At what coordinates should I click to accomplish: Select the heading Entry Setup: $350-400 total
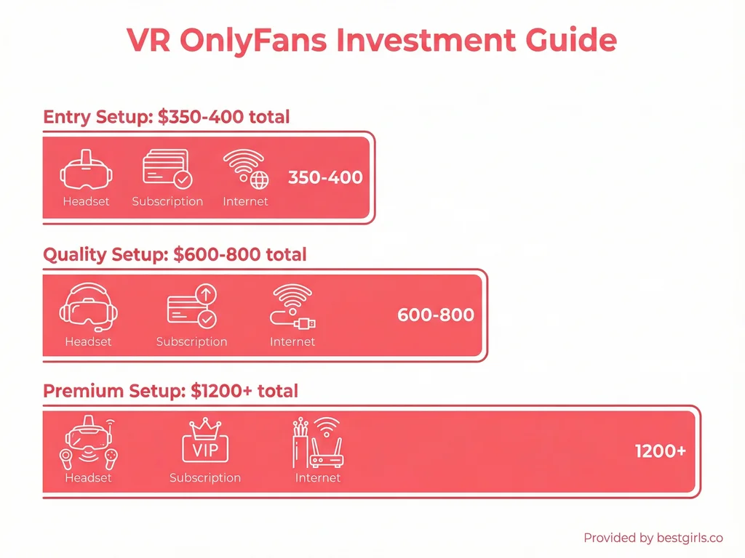[x=167, y=117]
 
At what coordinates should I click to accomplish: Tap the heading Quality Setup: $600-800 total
[x=175, y=255]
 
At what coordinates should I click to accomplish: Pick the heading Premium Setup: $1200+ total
[x=171, y=391]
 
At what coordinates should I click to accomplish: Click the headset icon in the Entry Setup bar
[x=86, y=169]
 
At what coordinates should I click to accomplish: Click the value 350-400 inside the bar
[x=325, y=177]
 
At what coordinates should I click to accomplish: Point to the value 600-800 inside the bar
[x=436, y=315]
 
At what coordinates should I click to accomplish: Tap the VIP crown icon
[x=204, y=442]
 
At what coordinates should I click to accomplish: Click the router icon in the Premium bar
[x=318, y=442]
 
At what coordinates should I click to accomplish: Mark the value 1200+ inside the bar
[x=660, y=451]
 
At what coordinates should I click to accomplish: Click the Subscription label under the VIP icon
[x=204, y=478]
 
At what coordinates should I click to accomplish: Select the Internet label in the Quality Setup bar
[x=292, y=341]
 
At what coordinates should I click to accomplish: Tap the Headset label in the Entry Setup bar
[x=86, y=201]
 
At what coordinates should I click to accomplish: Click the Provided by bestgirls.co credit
[x=653, y=538]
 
